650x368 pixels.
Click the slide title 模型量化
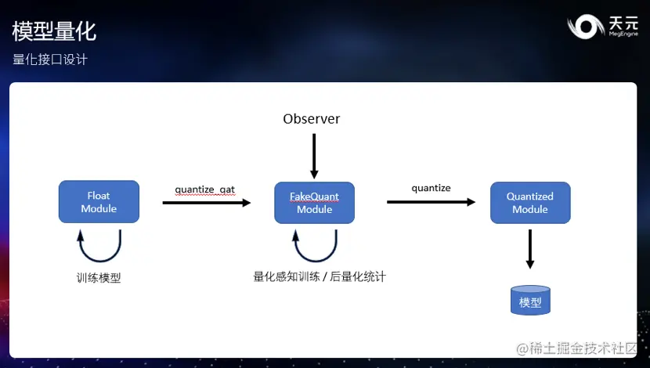(x=54, y=31)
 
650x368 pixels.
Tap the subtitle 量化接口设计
(x=50, y=60)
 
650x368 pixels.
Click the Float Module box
(x=99, y=202)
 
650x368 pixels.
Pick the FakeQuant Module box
(x=314, y=203)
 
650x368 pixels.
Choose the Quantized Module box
(x=529, y=203)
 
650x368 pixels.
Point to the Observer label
(x=312, y=119)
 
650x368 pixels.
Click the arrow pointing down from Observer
(x=313, y=156)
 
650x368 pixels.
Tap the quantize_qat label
(x=204, y=189)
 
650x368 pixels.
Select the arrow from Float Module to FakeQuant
(x=207, y=203)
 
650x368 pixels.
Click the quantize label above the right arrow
(x=432, y=188)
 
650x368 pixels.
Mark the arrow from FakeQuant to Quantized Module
(x=431, y=202)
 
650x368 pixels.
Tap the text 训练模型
(x=99, y=278)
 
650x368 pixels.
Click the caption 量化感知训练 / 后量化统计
(x=320, y=276)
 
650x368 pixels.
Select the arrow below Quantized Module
(x=530, y=250)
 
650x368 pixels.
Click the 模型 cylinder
(x=530, y=301)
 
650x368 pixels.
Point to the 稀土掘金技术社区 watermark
(x=577, y=348)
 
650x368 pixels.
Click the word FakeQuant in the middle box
(x=315, y=197)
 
